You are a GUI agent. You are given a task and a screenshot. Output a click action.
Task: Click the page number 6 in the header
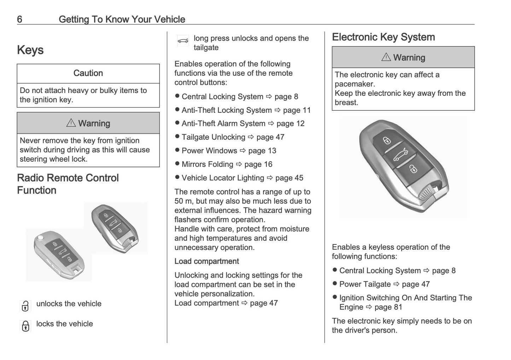[x=19, y=19]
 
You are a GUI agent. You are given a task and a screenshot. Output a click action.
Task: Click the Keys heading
[x=30, y=50]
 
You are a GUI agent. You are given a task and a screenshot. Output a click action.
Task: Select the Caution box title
[x=88, y=73]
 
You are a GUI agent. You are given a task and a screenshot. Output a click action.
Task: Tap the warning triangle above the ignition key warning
[x=71, y=123]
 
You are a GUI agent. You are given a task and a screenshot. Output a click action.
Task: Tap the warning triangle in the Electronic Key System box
[x=386, y=57]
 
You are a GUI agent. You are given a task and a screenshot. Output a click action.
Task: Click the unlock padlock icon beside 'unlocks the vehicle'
[x=25, y=306]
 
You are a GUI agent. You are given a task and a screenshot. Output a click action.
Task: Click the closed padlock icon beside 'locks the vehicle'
[x=25, y=326]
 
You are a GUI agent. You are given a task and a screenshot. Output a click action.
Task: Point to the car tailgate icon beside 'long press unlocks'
[x=183, y=41]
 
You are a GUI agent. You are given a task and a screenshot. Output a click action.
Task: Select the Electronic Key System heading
[x=383, y=37]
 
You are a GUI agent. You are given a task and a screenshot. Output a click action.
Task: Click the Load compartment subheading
[x=207, y=261]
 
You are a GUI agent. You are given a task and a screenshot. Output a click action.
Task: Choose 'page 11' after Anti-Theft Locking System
[x=297, y=110]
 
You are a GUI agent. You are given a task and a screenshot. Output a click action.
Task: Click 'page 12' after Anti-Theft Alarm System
[x=290, y=124]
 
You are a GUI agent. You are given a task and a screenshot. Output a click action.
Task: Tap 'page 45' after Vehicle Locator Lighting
[x=289, y=178]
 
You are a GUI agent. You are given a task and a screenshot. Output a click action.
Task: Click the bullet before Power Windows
[x=178, y=150]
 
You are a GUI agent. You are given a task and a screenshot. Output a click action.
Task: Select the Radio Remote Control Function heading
[x=68, y=184]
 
